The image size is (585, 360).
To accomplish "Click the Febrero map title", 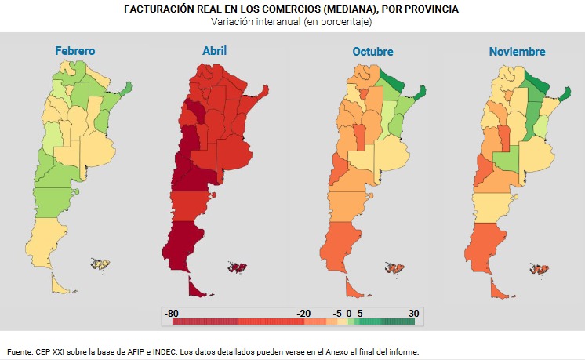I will click(75, 51).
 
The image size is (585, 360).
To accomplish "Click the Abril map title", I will click(215, 51).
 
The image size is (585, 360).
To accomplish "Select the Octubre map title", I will click(372, 52).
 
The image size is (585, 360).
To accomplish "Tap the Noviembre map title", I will click(518, 52).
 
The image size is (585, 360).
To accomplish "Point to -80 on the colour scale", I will click(172, 312).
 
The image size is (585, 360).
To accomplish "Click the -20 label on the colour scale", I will click(303, 312).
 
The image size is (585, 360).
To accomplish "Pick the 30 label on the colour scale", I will click(413, 312).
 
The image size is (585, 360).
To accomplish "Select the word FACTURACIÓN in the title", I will click(159, 9).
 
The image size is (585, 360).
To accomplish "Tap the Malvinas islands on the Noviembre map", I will click(538, 268).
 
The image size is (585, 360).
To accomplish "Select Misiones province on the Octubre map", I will click(420, 93).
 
